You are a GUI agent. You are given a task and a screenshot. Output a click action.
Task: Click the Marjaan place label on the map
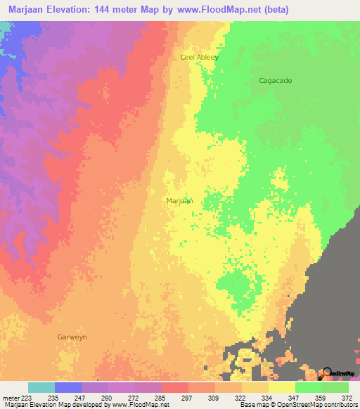(x=179, y=201)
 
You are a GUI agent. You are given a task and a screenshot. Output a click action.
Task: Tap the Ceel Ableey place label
(x=200, y=58)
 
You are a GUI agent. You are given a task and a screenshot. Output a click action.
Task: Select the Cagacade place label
(x=275, y=81)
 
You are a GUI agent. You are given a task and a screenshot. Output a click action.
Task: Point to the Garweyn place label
(x=71, y=337)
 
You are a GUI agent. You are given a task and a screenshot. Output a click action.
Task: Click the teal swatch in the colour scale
(x=41, y=387)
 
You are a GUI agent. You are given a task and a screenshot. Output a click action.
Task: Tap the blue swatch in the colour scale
(x=68, y=387)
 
